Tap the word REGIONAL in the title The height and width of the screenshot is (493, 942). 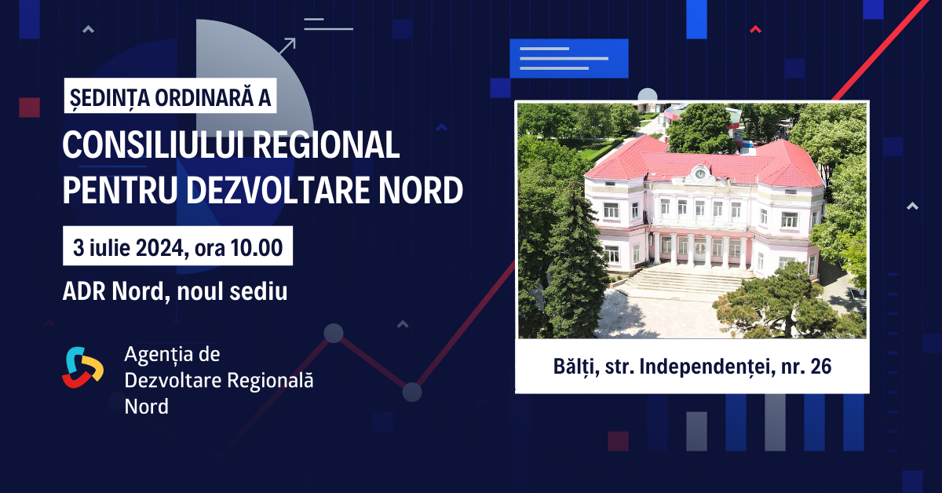pyautogui.click(x=326, y=144)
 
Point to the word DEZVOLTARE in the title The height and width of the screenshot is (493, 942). pyautogui.click(x=277, y=190)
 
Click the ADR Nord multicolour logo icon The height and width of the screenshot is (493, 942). pyautogui.click(x=83, y=367)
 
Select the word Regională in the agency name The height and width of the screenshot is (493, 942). pyautogui.click(x=270, y=381)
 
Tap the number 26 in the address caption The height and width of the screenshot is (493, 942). pyautogui.click(x=821, y=367)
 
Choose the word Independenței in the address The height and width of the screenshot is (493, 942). pyautogui.click(x=707, y=367)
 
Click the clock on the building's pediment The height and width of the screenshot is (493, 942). pyautogui.click(x=699, y=173)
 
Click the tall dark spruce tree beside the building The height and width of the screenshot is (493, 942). pyautogui.click(x=576, y=261)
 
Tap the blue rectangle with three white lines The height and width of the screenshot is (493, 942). pyautogui.click(x=569, y=58)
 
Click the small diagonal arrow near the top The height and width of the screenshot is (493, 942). pyautogui.click(x=287, y=46)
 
